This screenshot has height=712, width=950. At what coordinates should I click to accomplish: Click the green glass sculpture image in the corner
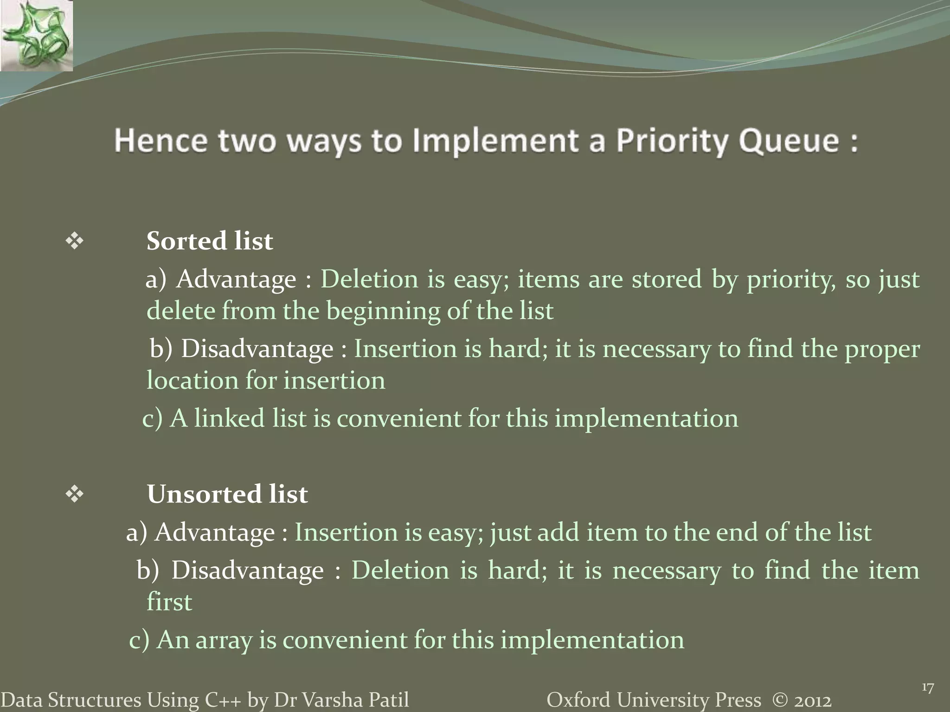[x=36, y=35]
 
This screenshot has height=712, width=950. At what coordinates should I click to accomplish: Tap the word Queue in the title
[x=789, y=140]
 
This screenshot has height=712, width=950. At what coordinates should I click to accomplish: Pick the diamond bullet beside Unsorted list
[x=74, y=494]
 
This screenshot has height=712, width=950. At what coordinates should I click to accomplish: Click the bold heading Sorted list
[x=210, y=241]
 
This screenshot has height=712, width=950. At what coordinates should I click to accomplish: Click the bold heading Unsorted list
[x=227, y=494]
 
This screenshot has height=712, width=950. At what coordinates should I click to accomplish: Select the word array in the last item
[x=224, y=640]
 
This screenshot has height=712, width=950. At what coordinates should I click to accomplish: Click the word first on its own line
[x=169, y=602]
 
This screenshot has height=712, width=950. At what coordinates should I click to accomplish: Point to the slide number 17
[x=927, y=688]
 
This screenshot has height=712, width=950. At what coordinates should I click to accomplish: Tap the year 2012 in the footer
[x=812, y=700]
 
